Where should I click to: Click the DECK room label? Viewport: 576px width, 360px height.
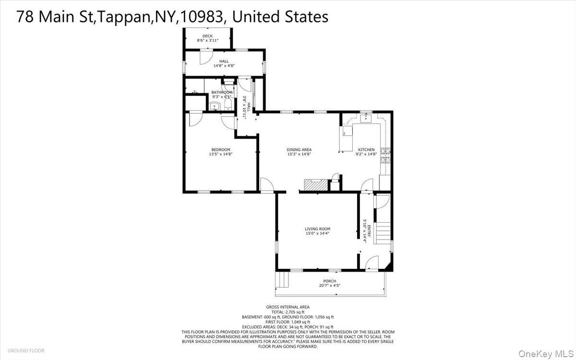point(207,36)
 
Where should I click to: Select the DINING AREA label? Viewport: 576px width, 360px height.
point(299,150)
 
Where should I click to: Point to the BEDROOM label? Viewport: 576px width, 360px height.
point(220,150)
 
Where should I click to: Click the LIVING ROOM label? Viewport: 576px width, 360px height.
point(317,229)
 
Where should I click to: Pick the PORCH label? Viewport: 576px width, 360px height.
point(329,281)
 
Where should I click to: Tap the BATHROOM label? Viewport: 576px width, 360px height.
point(222,92)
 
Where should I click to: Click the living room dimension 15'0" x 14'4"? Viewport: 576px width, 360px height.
point(317,234)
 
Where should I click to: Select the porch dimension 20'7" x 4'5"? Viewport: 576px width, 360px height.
point(329,286)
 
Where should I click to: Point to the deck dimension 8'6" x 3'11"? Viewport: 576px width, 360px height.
point(207,41)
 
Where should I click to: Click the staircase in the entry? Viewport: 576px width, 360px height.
point(383,233)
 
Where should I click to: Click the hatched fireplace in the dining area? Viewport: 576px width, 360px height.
point(315,186)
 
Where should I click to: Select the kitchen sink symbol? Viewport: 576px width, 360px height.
point(366,118)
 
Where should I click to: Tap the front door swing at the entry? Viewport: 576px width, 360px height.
point(371,263)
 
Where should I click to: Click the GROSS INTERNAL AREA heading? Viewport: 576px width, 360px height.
point(288,307)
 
